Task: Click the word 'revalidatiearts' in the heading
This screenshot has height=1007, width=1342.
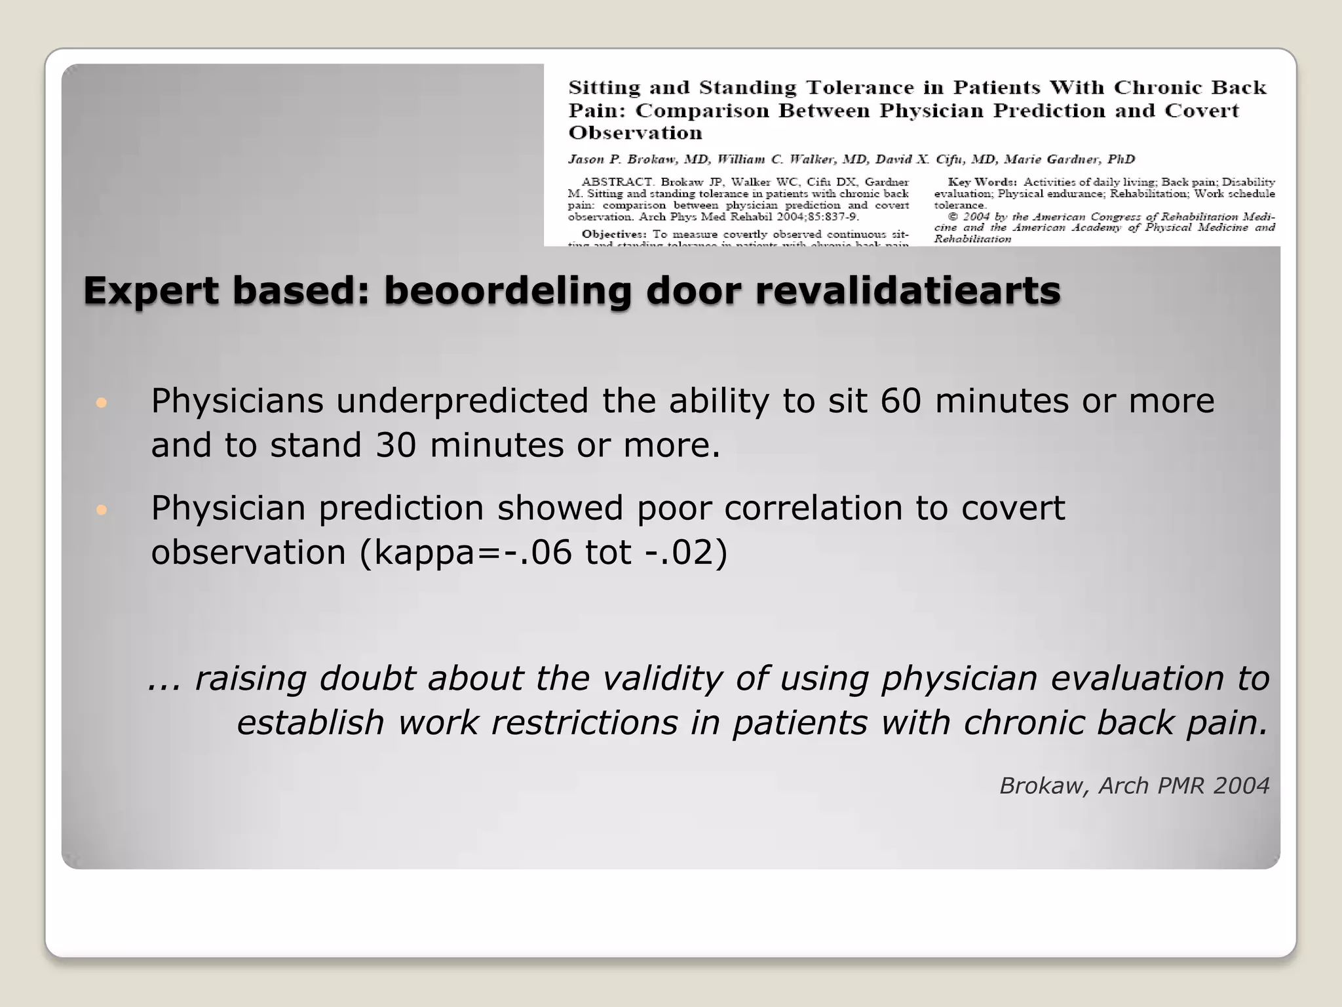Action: coord(908,291)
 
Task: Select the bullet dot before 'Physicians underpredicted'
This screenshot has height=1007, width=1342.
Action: coord(101,403)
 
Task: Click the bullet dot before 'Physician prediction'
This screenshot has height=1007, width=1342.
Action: coord(101,509)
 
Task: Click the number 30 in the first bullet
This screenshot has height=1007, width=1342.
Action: coord(396,446)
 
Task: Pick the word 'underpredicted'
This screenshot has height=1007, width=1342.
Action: coord(462,401)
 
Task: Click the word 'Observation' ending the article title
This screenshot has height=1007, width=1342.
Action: coord(635,133)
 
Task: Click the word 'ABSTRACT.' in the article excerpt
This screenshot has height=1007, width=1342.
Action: coord(618,182)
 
